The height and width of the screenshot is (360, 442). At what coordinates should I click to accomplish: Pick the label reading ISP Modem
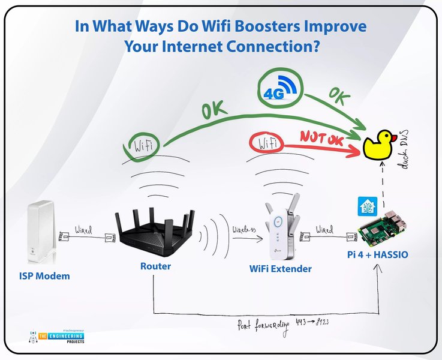click(43, 277)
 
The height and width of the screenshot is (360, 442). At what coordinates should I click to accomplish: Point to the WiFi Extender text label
click(281, 269)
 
